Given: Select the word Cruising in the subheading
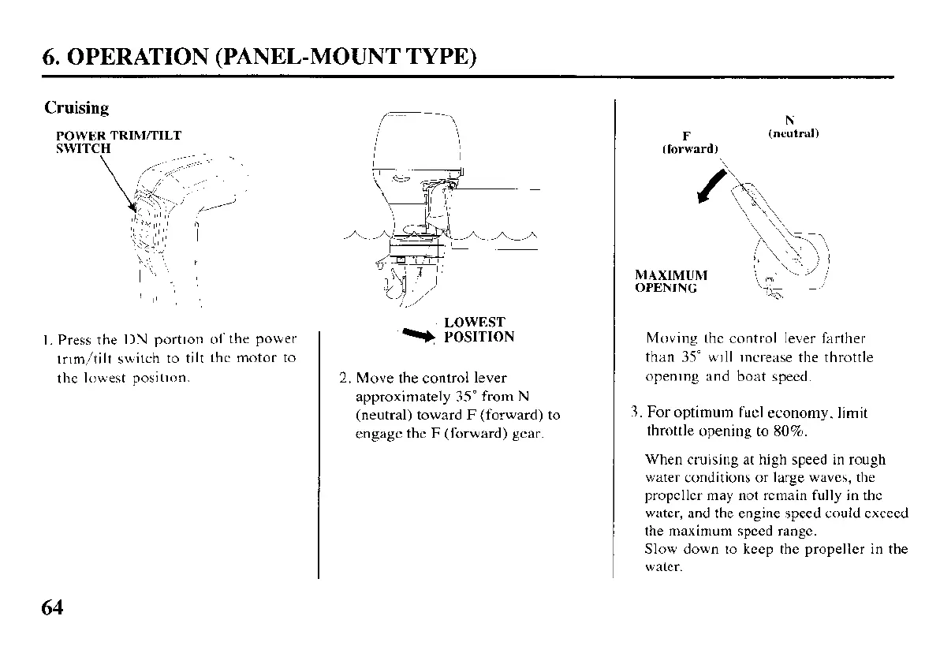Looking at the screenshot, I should [76, 108].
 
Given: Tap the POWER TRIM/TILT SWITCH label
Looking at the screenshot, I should [118, 141].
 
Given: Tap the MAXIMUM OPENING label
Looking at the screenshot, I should [671, 282].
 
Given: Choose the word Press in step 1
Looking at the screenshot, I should [75, 340].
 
